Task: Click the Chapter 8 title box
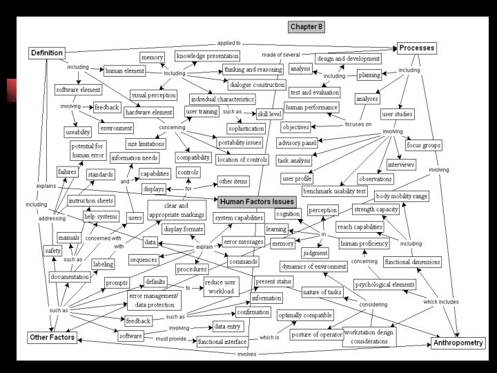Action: coord(306,27)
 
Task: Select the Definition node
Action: coord(47,52)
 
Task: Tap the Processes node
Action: coord(417,48)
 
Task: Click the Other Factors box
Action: coord(52,338)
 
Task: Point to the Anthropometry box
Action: coord(458,343)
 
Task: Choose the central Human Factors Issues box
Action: coord(257,202)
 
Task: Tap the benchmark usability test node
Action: coord(334,191)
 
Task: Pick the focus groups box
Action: coord(423,145)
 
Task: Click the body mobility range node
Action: coord(402,196)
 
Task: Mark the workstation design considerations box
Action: coord(369,336)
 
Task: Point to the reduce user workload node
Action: coord(220,287)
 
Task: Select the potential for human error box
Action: coord(88,149)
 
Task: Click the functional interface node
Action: coord(222,342)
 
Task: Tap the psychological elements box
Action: coord(384,284)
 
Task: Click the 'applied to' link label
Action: coord(229,43)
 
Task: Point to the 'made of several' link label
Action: coord(280,55)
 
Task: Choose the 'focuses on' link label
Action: coord(358,124)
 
